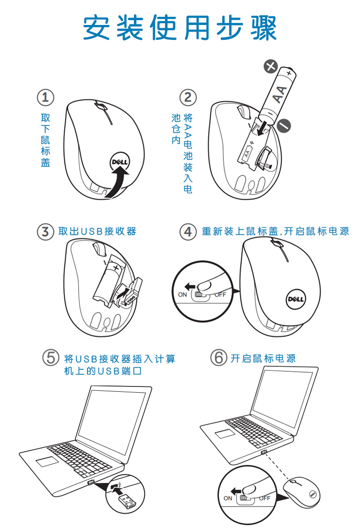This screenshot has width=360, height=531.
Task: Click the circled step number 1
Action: [46, 97]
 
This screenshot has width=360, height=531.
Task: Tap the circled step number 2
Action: [188, 97]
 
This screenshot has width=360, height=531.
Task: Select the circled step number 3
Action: [46, 232]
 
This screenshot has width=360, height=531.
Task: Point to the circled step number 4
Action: [188, 232]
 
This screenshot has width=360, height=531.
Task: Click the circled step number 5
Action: [51, 358]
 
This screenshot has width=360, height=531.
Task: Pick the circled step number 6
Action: [219, 358]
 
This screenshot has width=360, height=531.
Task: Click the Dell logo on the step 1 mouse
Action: [120, 162]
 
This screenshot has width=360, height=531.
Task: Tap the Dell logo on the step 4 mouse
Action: [296, 299]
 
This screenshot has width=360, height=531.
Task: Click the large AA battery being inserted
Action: [279, 94]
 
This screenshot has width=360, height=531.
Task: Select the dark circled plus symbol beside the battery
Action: [271, 66]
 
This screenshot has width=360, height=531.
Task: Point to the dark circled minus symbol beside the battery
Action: [284, 126]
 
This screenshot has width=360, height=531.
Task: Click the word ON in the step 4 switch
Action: [182, 295]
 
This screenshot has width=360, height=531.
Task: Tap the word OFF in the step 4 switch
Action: [220, 295]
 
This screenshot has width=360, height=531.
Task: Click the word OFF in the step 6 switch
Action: [265, 498]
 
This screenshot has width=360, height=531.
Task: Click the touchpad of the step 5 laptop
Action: [47, 461]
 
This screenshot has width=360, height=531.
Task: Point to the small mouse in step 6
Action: [301, 492]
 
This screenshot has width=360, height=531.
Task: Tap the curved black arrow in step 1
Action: [117, 183]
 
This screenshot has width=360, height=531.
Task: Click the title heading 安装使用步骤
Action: [180, 28]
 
